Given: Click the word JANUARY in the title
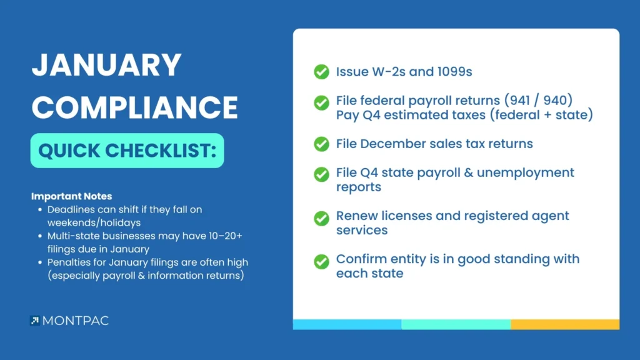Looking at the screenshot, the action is point(106,65).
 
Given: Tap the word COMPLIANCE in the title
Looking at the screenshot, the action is point(135,107).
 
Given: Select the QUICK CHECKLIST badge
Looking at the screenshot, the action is point(127,151).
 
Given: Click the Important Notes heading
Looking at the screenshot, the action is point(72,196).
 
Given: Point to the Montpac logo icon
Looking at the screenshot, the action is point(35,321).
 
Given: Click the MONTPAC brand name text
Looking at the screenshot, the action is point(76,321).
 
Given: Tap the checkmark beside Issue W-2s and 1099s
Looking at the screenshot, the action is point(322,72).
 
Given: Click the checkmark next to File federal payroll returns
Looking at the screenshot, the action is point(322,103).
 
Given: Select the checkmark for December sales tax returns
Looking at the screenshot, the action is point(322,144).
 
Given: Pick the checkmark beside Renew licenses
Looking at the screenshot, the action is point(322,218).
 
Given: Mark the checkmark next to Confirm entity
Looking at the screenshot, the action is point(322,262).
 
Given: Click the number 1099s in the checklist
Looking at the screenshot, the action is point(454,72).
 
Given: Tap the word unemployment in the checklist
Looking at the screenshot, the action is point(525,173).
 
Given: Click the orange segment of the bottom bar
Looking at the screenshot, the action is point(565,324).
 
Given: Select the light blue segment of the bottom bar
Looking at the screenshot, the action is point(347,324).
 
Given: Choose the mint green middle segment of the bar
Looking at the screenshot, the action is point(456,324).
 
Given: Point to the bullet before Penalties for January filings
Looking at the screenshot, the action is point(40,262).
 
